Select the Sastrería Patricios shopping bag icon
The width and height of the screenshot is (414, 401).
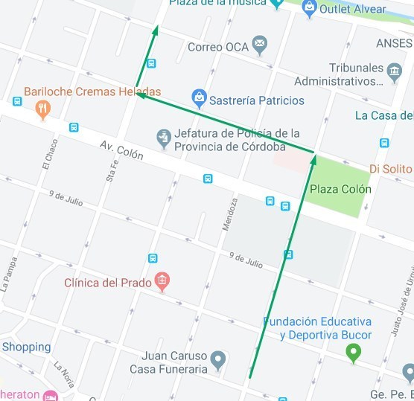click(x=199, y=98)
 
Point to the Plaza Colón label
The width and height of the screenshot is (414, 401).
click(x=340, y=189)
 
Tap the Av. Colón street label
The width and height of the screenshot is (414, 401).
click(x=121, y=152)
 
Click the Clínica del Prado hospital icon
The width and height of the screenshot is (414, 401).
click(x=162, y=281)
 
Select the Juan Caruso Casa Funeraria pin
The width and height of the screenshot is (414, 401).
click(x=217, y=361)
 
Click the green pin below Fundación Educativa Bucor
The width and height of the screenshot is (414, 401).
click(x=354, y=353)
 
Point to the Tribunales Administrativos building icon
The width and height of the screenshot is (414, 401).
click(x=394, y=72)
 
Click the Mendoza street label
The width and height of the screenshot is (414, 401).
click(x=231, y=214)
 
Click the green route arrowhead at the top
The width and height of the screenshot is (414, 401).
click(x=157, y=31)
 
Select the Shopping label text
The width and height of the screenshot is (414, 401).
click(x=26, y=347)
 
